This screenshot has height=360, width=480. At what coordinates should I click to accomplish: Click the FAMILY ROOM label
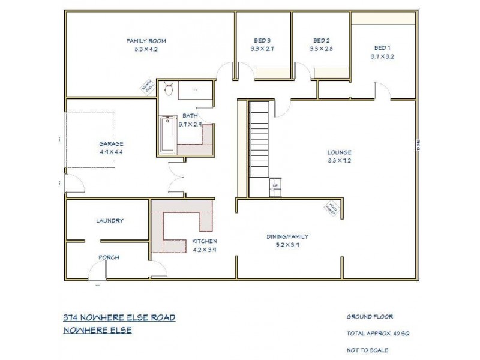[x=146, y=41]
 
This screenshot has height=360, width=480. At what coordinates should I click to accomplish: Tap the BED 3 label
[x=263, y=41]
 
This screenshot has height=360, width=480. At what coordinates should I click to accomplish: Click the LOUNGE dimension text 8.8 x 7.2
[x=339, y=161]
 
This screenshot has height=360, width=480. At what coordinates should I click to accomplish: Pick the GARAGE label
[x=112, y=144]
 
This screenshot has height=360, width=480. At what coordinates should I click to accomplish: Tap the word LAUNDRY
[x=110, y=221]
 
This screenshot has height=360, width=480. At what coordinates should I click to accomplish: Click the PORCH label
[x=109, y=257]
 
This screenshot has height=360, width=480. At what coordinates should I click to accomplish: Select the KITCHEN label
[x=204, y=241]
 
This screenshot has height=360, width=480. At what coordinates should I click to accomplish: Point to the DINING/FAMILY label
[x=287, y=236]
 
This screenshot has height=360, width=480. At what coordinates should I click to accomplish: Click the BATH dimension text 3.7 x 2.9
[x=190, y=124]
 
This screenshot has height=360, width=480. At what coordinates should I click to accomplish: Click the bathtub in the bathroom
[x=167, y=136]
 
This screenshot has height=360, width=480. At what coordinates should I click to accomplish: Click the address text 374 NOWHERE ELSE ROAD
[x=119, y=317]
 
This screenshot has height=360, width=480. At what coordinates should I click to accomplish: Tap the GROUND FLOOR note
[x=370, y=317]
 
